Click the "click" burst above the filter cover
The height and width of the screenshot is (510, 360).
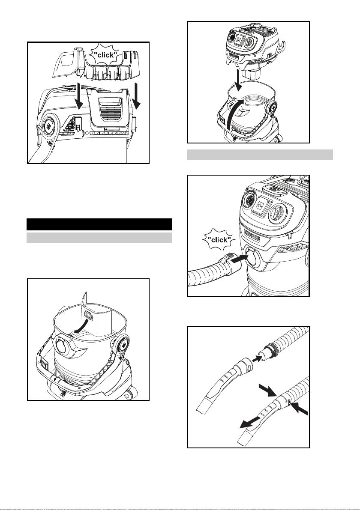(x=105, y=54)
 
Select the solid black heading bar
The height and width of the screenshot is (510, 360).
(x=99, y=224)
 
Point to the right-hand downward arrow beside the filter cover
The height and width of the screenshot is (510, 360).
(x=137, y=97)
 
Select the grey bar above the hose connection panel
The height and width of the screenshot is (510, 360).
(x=260, y=155)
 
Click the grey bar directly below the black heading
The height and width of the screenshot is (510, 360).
(x=99, y=238)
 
